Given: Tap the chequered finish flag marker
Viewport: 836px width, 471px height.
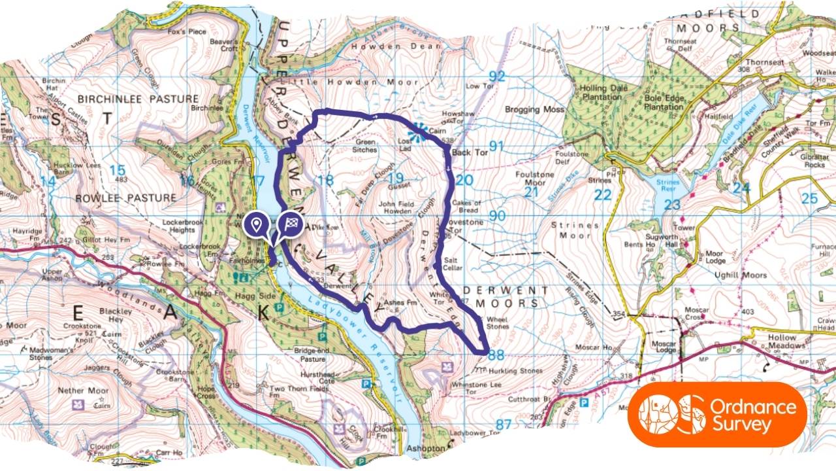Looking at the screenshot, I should tap(290, 224).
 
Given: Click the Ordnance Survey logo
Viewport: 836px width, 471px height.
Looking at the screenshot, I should tap(717, 415).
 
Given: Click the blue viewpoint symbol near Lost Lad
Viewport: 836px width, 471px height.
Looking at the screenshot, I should tap(420, 131).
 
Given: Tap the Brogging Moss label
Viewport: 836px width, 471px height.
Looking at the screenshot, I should tap(534, 110).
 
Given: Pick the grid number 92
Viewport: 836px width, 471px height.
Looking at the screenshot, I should tap(497, 77).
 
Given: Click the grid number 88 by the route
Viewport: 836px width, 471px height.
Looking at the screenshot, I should tap(496, 355).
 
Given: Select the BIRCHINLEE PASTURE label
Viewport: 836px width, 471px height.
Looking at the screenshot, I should tap(138, 99).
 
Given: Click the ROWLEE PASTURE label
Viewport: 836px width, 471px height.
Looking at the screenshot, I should tap(125, 198).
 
